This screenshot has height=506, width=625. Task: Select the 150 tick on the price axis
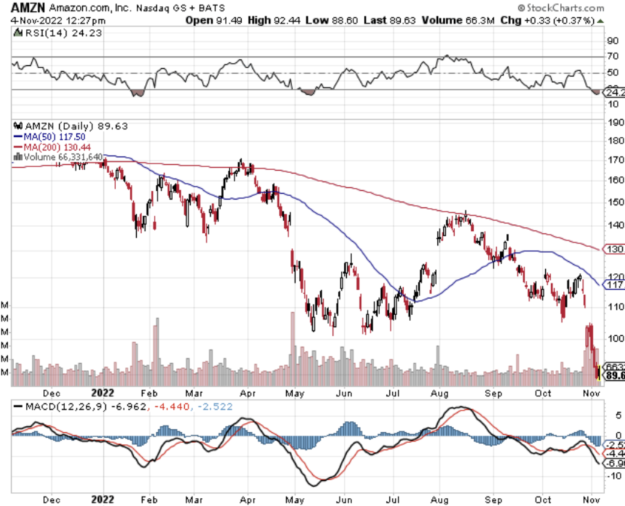[x=614, y=202]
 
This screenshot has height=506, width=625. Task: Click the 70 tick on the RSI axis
[x=613, y=56]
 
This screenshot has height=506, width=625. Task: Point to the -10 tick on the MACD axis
[x=613, y=476]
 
